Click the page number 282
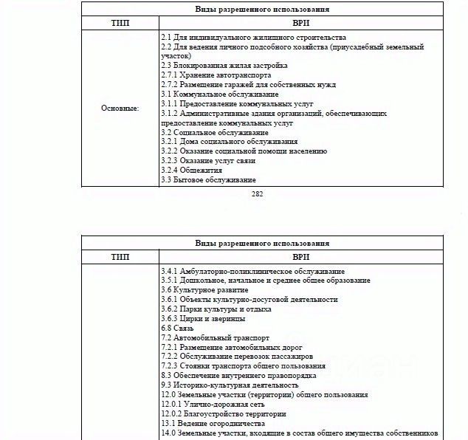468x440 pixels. (257, 195)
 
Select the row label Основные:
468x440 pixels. (120, 109)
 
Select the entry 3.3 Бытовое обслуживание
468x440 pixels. (208, 180)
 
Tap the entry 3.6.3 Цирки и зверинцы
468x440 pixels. (203, 319)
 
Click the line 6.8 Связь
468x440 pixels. (177, 328)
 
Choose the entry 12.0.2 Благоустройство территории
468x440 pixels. (224, 414)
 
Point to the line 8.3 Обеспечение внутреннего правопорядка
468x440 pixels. (240, 376)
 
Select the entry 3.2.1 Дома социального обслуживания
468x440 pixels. (229, 142)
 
